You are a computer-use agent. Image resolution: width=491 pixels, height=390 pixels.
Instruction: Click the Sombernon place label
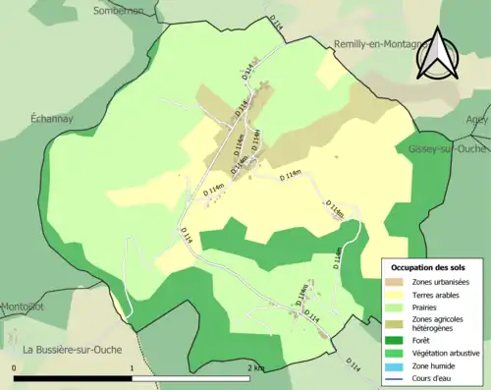[118, 10]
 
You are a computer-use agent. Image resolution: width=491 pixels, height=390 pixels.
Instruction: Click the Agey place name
[477, 119]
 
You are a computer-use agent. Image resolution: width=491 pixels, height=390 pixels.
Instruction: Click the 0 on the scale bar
[14, 367]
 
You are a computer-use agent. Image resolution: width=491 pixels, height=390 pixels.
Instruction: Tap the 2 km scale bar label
[255, 367]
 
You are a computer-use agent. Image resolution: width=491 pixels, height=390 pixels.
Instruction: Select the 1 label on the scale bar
[132, 367]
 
